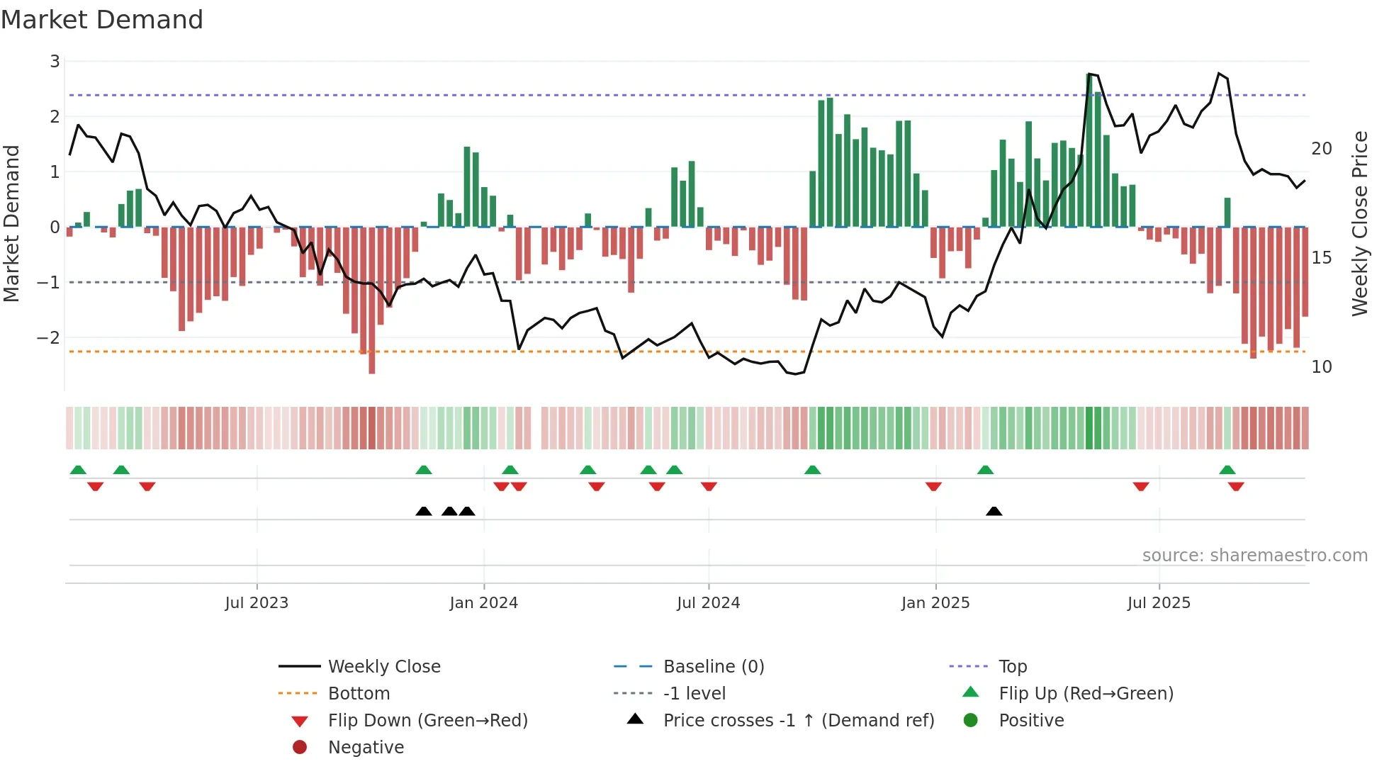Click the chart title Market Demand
(102, 20)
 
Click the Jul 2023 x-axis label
(257, 603)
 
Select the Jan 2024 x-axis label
(483, 603)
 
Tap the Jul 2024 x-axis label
(708, 603)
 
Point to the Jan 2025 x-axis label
(935, 603)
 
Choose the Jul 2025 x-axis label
(1159, 603)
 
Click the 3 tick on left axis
(55, 62)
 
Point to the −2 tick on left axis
(49, 337)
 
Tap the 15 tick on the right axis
(1321, 258)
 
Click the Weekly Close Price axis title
(1359, 223)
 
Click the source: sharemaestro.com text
(1254, 556)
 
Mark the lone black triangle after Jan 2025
(994, 511)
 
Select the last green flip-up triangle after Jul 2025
(1227, 470)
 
